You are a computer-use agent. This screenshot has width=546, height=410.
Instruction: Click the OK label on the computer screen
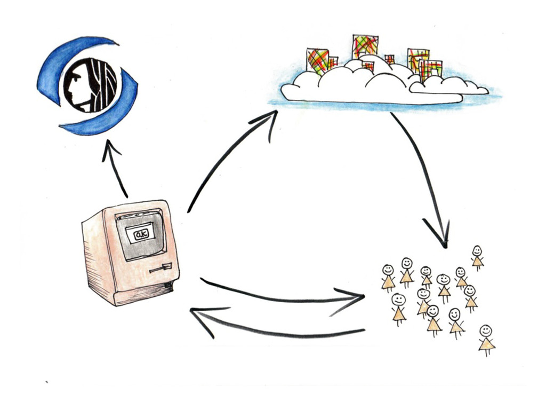142,233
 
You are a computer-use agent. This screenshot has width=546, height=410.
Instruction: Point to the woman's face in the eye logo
75,85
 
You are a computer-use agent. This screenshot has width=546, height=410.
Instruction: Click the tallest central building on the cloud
365,46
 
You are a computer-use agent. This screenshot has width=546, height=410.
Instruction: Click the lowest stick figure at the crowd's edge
486,338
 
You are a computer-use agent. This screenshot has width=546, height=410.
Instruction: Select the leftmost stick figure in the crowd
388,277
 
